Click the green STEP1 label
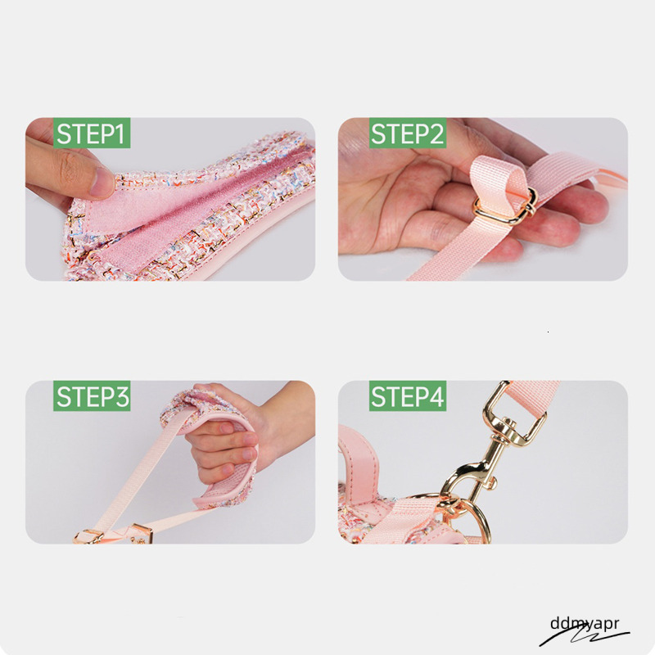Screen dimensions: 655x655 coord(92,133)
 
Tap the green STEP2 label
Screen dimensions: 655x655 coord(408,133)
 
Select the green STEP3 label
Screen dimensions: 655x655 coord(92,395)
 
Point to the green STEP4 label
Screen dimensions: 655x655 coord(408,395)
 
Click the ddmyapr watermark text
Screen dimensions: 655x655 coord(585,624)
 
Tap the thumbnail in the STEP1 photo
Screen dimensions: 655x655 coord(102,183)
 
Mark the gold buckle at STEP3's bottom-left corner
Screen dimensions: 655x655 coord(88,536)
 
